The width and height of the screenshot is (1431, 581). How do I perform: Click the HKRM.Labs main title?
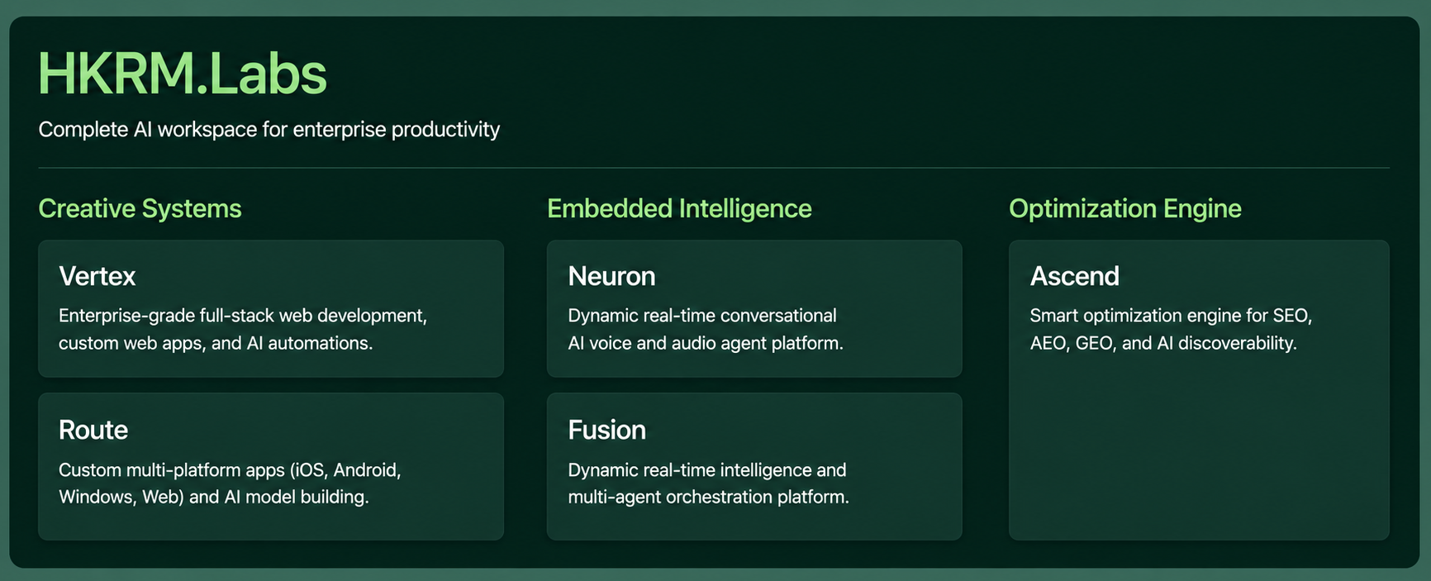click(183, 74)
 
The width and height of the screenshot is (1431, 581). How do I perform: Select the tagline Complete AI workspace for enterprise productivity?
click(269, 130)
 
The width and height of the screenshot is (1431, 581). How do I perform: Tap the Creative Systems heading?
click(140, 208)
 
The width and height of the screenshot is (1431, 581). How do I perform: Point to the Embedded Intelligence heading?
click(679, 208)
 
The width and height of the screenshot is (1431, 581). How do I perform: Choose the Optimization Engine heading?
click(1125, 208)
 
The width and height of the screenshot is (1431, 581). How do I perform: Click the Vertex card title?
click(97, 276)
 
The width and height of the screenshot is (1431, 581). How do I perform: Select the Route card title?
click(93, 430)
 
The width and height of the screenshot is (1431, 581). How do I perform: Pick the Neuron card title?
click(611, 276)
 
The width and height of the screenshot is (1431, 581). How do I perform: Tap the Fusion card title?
click(607, 430)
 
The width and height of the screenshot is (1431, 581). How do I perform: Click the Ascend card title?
click(1075, 276)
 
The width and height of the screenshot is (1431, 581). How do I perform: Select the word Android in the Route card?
click(367, 470)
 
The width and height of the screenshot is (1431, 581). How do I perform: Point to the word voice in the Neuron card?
click(611, 343)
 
